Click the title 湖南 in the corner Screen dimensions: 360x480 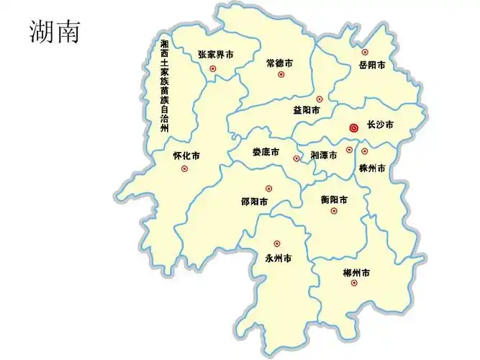(55, 31)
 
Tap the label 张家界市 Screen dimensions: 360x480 (216, 54)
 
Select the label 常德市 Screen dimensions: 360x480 (279, 63)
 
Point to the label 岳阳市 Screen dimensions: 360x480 (372, 65)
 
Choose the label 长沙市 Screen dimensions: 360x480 (380, 125)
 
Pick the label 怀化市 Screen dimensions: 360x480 (186, 156)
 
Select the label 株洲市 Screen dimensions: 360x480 (372, 168)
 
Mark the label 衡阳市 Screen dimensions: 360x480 (335, 199)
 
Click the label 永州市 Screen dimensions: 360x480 (278, 258)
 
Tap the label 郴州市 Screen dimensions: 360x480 (356, 273)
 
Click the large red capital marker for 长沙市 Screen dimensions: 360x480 (353, 127)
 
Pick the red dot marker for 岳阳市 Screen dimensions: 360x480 (365, 52)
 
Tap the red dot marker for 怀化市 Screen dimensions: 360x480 (184, 168)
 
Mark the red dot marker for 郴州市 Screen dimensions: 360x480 (353, 283)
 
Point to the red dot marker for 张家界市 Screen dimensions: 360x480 (212, 68)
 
